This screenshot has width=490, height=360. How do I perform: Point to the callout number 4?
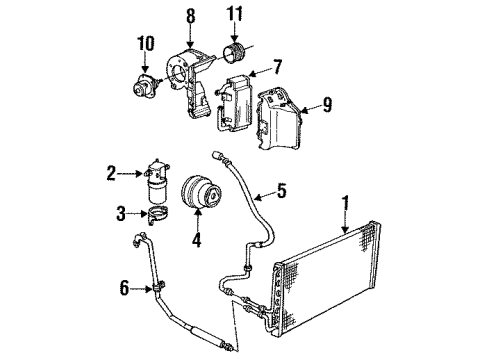[196, 240]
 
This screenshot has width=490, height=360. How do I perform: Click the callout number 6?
[124, 289]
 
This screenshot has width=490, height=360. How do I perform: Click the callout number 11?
[235, 17]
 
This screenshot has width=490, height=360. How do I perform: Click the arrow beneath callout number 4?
[196, 224]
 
